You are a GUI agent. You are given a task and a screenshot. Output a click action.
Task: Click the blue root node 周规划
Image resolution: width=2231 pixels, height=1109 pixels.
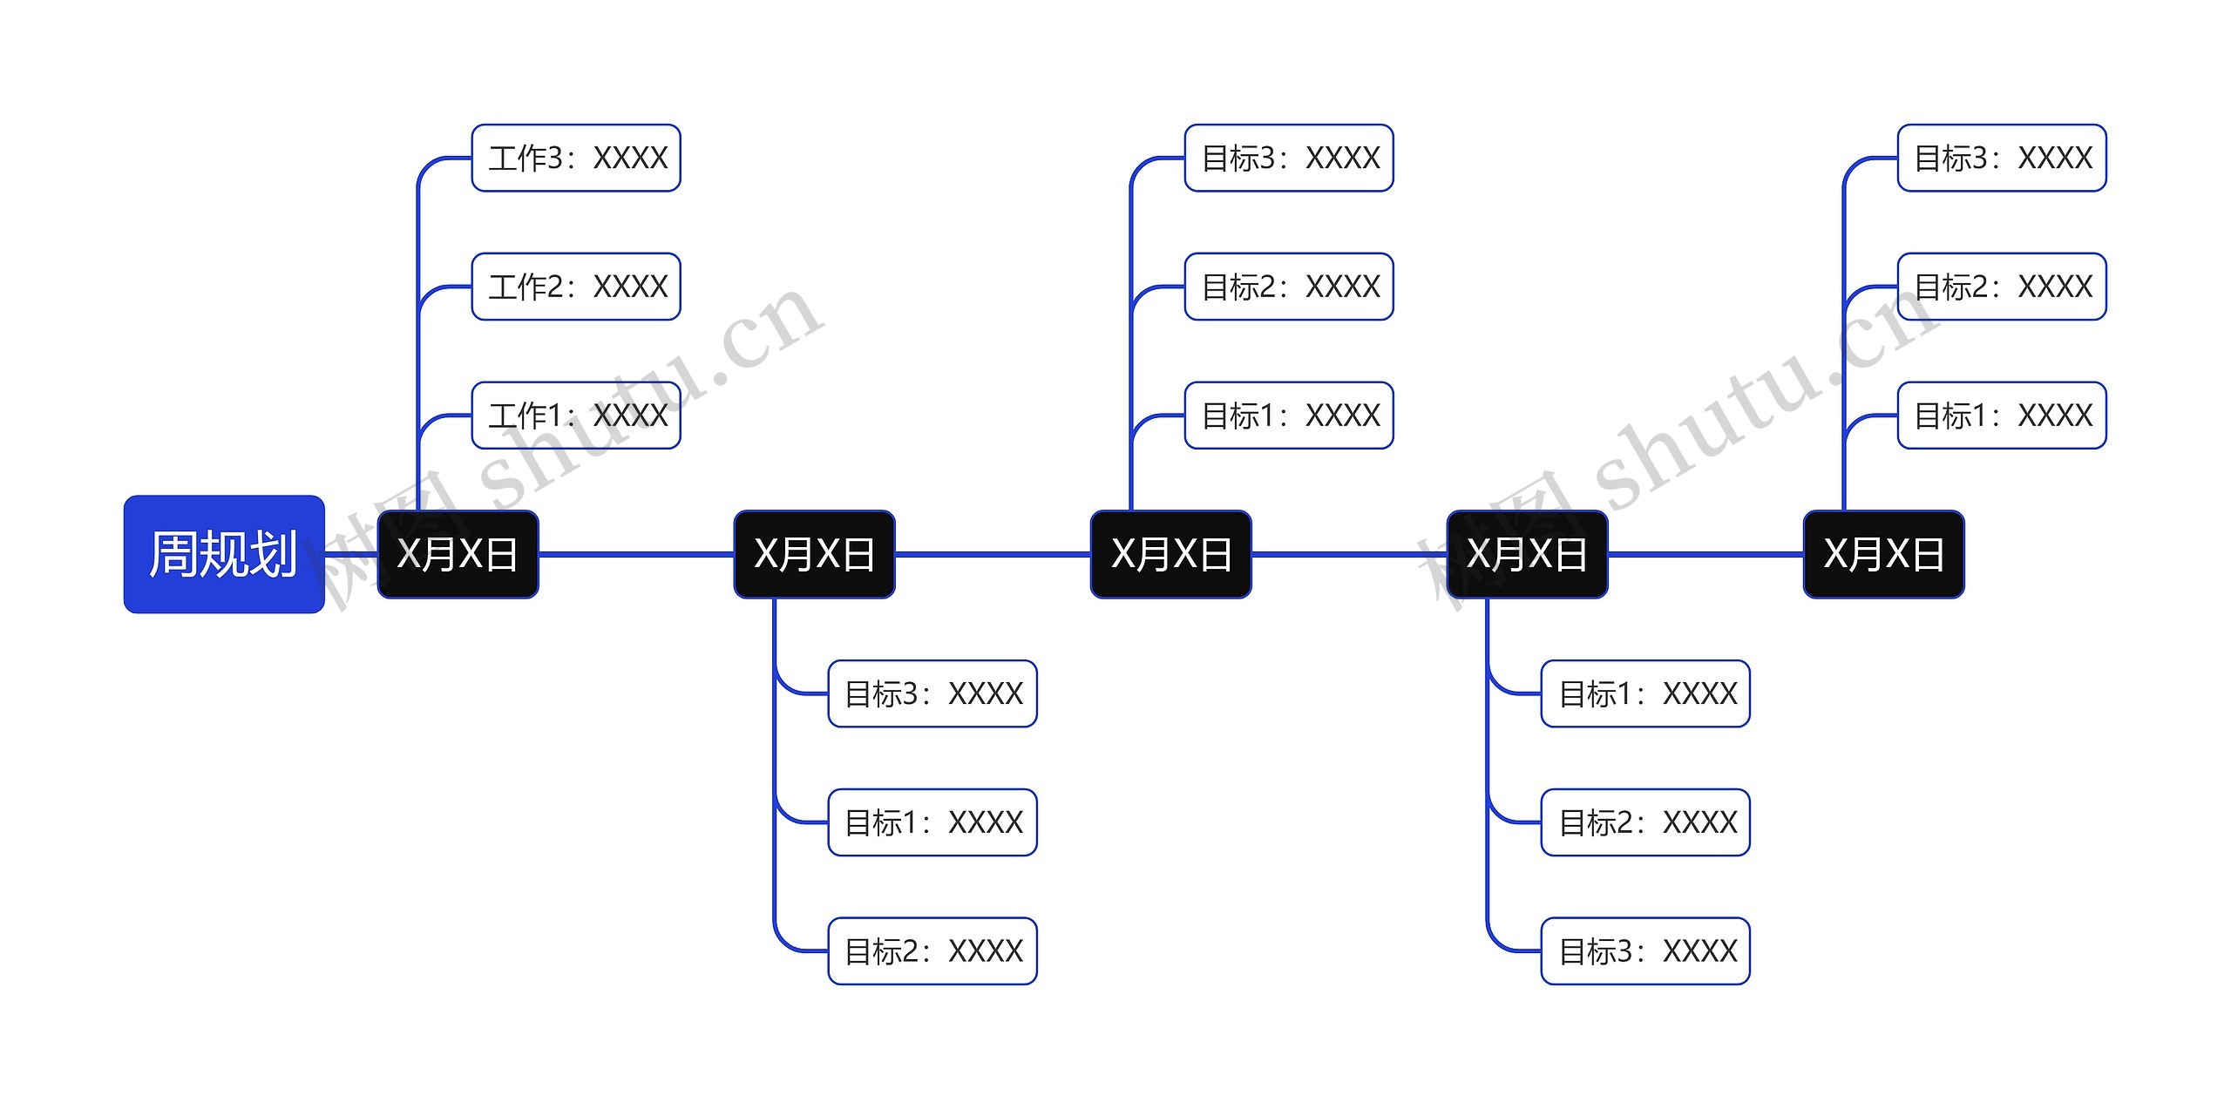point(224,554)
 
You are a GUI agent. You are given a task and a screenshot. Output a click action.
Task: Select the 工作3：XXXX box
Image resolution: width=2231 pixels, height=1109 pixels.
point(576,158)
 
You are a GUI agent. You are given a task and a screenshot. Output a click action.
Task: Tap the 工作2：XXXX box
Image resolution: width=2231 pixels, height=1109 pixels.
point(576,287)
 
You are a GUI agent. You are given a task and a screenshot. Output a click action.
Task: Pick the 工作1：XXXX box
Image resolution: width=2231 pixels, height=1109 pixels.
point(576,416)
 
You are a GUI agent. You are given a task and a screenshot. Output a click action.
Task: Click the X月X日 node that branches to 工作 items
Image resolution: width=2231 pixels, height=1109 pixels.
point(458,554)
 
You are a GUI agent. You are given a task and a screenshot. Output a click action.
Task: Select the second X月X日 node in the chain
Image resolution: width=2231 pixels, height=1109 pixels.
point(814,554)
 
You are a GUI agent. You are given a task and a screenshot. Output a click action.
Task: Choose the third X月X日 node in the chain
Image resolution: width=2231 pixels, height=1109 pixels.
point(1171,554)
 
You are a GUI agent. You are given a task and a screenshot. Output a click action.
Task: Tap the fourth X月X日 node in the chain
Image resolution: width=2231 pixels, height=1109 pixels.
point(1527,554)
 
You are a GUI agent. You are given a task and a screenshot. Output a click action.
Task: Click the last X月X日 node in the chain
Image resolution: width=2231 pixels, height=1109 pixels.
point(1883,554)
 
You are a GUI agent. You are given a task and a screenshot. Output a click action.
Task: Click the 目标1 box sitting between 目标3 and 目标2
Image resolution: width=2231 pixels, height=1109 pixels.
point(932,822)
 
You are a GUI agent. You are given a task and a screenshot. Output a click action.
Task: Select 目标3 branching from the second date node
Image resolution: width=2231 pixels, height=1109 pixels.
point(932,693)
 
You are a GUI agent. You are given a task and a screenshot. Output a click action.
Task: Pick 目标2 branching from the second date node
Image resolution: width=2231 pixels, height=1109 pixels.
point(932,951)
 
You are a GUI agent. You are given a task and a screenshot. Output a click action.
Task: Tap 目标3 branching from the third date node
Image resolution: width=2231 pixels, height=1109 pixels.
point(1289,158)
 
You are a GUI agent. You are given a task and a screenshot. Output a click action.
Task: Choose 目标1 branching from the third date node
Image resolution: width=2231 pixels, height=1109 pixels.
point(1289,416)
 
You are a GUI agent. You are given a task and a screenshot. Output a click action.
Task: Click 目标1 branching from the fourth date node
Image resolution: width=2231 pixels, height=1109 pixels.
point(1645,693)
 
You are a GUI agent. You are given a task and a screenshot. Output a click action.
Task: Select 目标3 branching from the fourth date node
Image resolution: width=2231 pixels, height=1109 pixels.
point(1645,951)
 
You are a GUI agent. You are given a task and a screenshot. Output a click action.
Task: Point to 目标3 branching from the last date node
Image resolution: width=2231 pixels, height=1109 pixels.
point(2002,158)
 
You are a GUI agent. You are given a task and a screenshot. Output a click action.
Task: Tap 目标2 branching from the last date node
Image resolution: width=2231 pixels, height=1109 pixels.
point(2002,287)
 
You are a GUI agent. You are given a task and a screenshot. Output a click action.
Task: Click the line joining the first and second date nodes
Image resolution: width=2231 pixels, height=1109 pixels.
point(636,554)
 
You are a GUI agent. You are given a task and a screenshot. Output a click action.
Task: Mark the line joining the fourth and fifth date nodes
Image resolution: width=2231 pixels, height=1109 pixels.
point(1705,554)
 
